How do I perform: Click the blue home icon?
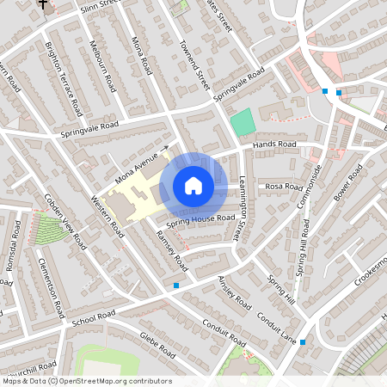(193, 185)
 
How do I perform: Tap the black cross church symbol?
(43, 4)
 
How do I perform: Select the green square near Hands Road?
(243, 121)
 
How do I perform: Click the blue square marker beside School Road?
(176, 285)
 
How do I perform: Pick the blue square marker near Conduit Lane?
(303, 341)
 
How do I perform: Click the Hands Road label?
(274, 144)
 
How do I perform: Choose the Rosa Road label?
(285, 186)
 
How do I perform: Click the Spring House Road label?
(201, 219)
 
